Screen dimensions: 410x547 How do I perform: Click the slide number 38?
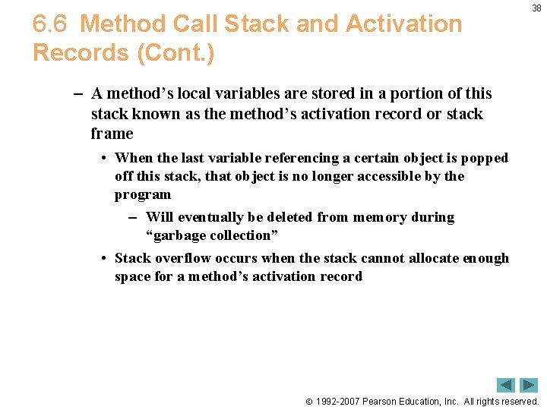[x=536, y=8]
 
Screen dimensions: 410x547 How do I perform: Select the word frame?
[x=112, y=134]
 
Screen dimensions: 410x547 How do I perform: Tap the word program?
[x=143, y=194]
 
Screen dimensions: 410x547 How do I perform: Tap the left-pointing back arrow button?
[x=506, y=385]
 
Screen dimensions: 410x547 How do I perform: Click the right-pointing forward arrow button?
[x=529, y=385]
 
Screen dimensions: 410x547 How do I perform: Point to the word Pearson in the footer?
[x=386, y=402]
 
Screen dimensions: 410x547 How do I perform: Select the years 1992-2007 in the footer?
[x=338, y=402]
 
